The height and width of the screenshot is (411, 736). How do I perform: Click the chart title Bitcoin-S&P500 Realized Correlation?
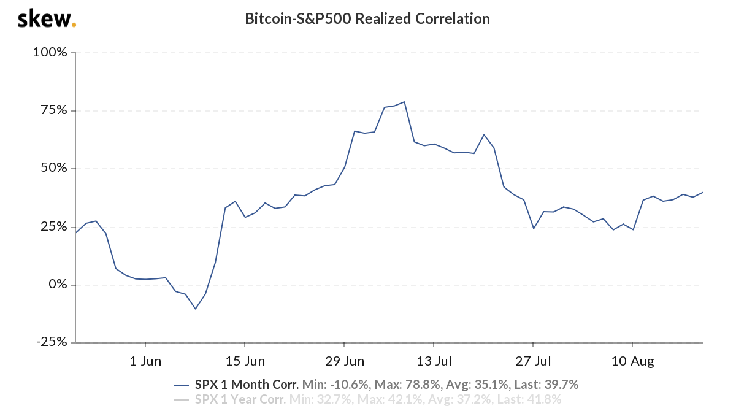pyautogui.click(x=367, y=19)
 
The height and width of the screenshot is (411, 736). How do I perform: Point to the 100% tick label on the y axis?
pyautogui.click(x=49, y=52)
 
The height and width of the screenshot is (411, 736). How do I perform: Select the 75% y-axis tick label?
pyautogui.click(x=52, y=110)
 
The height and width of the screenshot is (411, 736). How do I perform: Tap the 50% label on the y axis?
pyautogui.click(x=52, y=169)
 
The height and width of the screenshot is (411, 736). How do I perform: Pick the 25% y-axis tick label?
pyautogui.click(x=52, y=227)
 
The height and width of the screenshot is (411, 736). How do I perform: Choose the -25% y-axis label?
pyautogui.click(x=50, y=342)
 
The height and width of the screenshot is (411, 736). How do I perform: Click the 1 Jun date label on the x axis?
pyautogui.click(x=145, y=361)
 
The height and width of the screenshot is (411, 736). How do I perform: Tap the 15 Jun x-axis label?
pyautogui.click(x=245, y=361)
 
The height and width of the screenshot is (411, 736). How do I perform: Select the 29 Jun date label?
pyautogui.click(x=344, y=361)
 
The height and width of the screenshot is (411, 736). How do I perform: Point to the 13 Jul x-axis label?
pyautogui.click(x=434, y=361)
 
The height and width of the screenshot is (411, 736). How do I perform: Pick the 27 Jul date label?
pyautogui.click(x=533, y=361)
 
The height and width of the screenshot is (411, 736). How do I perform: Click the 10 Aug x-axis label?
pyautogui.click(x=632, y=361)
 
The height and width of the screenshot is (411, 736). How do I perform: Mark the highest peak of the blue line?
pyautogui.click(x=404, y=102)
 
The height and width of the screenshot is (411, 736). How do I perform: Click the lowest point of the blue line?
pyautogui.click(x=196, y=309)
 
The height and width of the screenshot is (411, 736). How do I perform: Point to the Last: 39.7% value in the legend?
pyautogui.click(x=545, y=385)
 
